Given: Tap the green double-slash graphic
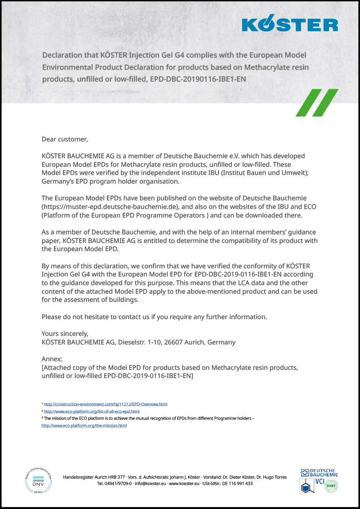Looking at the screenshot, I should click(317, 102).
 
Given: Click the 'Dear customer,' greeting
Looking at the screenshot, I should click(64, 139).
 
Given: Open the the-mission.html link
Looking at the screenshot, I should click(84, 426).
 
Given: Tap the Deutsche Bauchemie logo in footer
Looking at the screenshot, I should click(319, 472).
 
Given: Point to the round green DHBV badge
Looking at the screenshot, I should click(331, 485).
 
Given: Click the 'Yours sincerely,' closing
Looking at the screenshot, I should click(65, 334).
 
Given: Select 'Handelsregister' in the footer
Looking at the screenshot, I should click(78, 477).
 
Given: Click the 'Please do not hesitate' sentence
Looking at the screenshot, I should click(154, 317).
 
